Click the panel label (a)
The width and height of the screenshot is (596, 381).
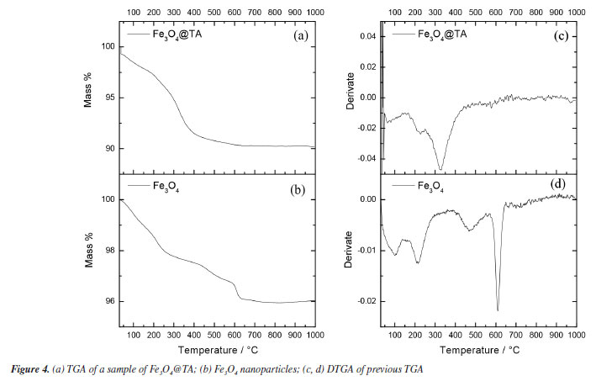(x=299, y=37)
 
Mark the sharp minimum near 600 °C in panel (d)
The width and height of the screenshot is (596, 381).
(x=498, y=310)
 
